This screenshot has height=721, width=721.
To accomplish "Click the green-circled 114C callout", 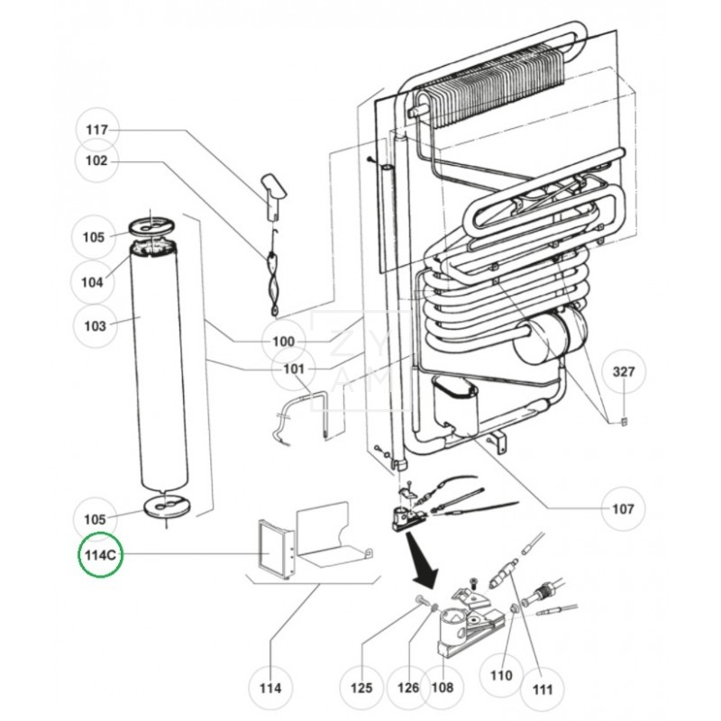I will pyautogui.click(x=97, y=554).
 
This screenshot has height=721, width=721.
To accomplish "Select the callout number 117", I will pyautogui.click(x=96, y=131).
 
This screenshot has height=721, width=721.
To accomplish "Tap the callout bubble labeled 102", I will pyautogui.click(x=96, y=161).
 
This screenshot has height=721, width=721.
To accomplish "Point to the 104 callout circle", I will pyautogui.click(x=93, y=281).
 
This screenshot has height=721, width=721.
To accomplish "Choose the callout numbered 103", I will pyautogui.click(x=96, y=325).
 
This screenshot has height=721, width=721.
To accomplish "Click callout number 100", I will pyautogui.click(x=283, y=342).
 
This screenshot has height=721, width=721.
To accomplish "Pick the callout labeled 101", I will pyautogui.click(x=294, y=369).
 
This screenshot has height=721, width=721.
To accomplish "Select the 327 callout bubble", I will pyautogui.click(x=624, y=371).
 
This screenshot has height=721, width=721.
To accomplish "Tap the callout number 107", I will pyautogui.click(x=623, y=508).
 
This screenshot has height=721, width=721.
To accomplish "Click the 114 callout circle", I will pyautogui.click(x=270, y=689).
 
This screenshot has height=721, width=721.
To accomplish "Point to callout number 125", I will pyautogui.click(x=360, y=689).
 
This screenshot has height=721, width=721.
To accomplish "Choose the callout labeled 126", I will pyautogui.click(x=407, y=689).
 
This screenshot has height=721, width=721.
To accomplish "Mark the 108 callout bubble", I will pyautogui.click(x=442, y=689).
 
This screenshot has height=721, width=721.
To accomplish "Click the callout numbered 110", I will pyautogui.click(x=501, y=675).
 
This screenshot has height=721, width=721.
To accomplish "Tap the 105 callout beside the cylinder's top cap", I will pyautogui.click(x=94, y=237).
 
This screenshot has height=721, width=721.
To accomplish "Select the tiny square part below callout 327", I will pyautogui.click(x=623, y=419).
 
